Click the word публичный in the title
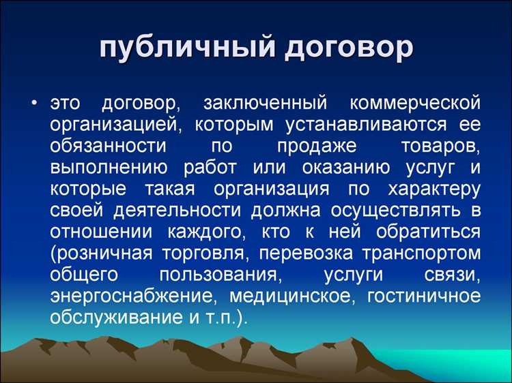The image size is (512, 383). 182,47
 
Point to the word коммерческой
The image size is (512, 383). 414,104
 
